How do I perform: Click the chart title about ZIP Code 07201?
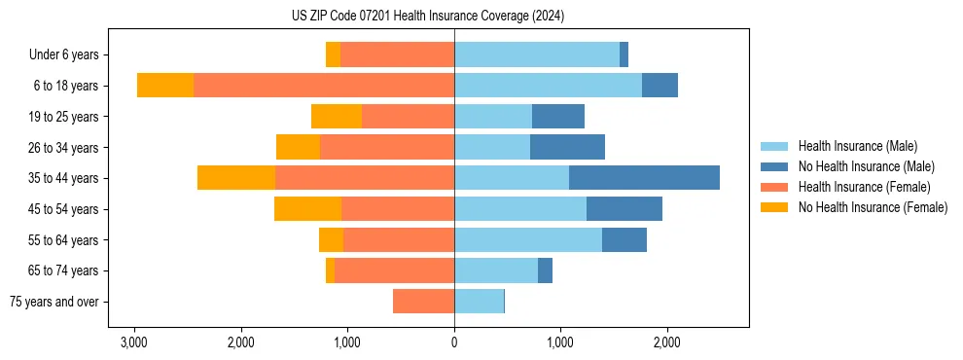(x=428, y=17)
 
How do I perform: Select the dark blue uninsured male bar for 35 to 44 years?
(x=644, y=178)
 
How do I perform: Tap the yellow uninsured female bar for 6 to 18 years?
(x=165, y=86)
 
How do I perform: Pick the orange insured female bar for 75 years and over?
(x=423, y=302)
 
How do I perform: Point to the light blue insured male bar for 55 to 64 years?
(x=528, y=239)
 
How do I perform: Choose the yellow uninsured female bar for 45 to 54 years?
(x=307, y=209)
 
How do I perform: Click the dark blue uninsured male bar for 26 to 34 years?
(x=567, y=147)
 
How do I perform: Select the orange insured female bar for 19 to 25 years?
(x=408, y=117)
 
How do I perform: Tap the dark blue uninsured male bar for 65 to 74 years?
(x=545, y=270)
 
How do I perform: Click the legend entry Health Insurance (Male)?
(x=857, y=146)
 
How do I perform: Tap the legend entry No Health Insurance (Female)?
(x=873, y=207)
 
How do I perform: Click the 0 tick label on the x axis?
(x=454, y=342)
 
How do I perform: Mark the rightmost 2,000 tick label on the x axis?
(x=666, y=342)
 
